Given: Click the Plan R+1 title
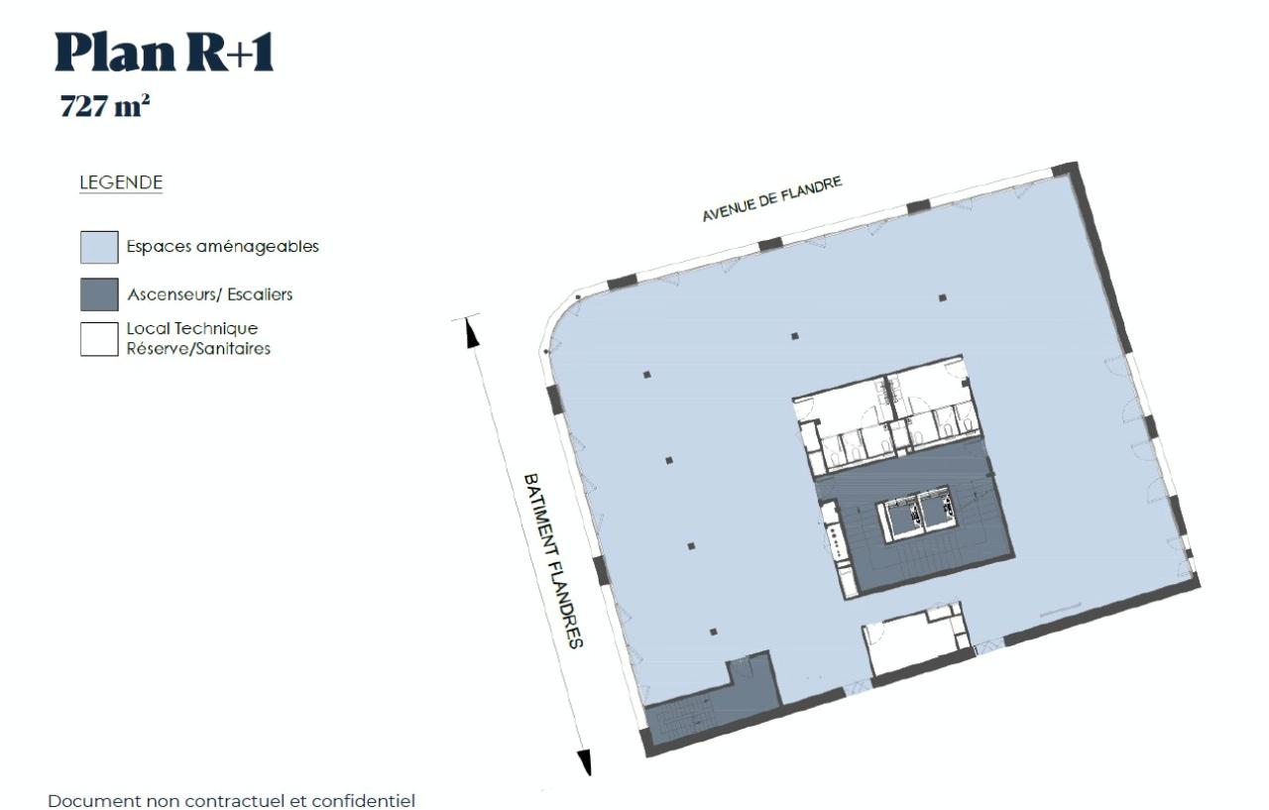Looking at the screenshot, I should point(164,54).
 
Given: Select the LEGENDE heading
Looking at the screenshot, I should point(121,183).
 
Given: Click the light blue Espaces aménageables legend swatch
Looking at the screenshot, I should point(99,247).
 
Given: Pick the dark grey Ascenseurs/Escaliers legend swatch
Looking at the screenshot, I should point(99,294).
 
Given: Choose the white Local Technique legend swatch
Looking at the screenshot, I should point(99,338).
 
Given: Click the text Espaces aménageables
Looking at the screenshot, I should point(222,247).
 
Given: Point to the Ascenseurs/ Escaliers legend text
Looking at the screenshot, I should point(209,294).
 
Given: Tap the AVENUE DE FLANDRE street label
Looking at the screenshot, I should point(772,199).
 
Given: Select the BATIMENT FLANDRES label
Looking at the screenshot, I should point(553,560).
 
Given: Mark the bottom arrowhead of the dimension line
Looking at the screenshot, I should point(585,761).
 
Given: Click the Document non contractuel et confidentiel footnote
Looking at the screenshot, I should point(232,800).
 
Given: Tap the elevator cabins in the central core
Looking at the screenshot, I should point(918,514).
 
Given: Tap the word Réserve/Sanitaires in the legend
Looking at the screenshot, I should point(198,349).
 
